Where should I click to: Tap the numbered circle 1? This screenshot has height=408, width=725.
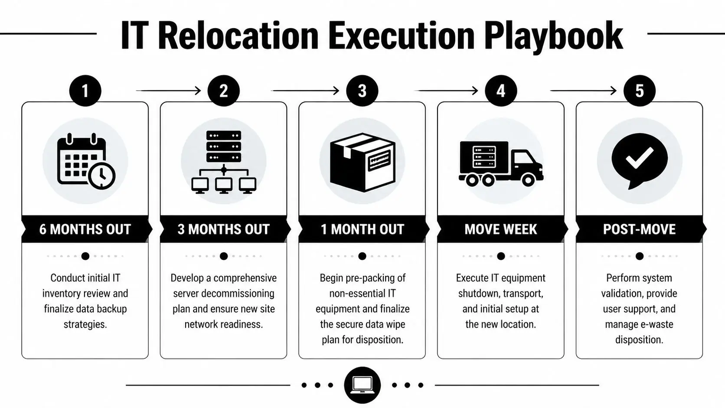coord(85,91)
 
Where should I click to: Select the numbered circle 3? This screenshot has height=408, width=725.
coord(362,91)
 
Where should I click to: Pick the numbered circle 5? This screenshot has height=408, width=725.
coord(639,91)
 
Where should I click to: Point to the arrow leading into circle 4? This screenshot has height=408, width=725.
coord(447,91)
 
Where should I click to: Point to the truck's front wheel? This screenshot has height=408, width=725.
coord(528,179)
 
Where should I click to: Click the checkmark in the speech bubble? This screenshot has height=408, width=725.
coord(639,158)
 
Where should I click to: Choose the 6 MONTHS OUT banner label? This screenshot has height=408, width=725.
coord(85,229)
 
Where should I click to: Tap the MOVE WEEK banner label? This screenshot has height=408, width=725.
coord(501,229)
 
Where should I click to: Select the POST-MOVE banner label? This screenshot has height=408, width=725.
coord(639,229)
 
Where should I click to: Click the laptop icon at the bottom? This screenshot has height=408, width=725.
coord(362,385)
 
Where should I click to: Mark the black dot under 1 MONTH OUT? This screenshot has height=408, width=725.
coord(362,256)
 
